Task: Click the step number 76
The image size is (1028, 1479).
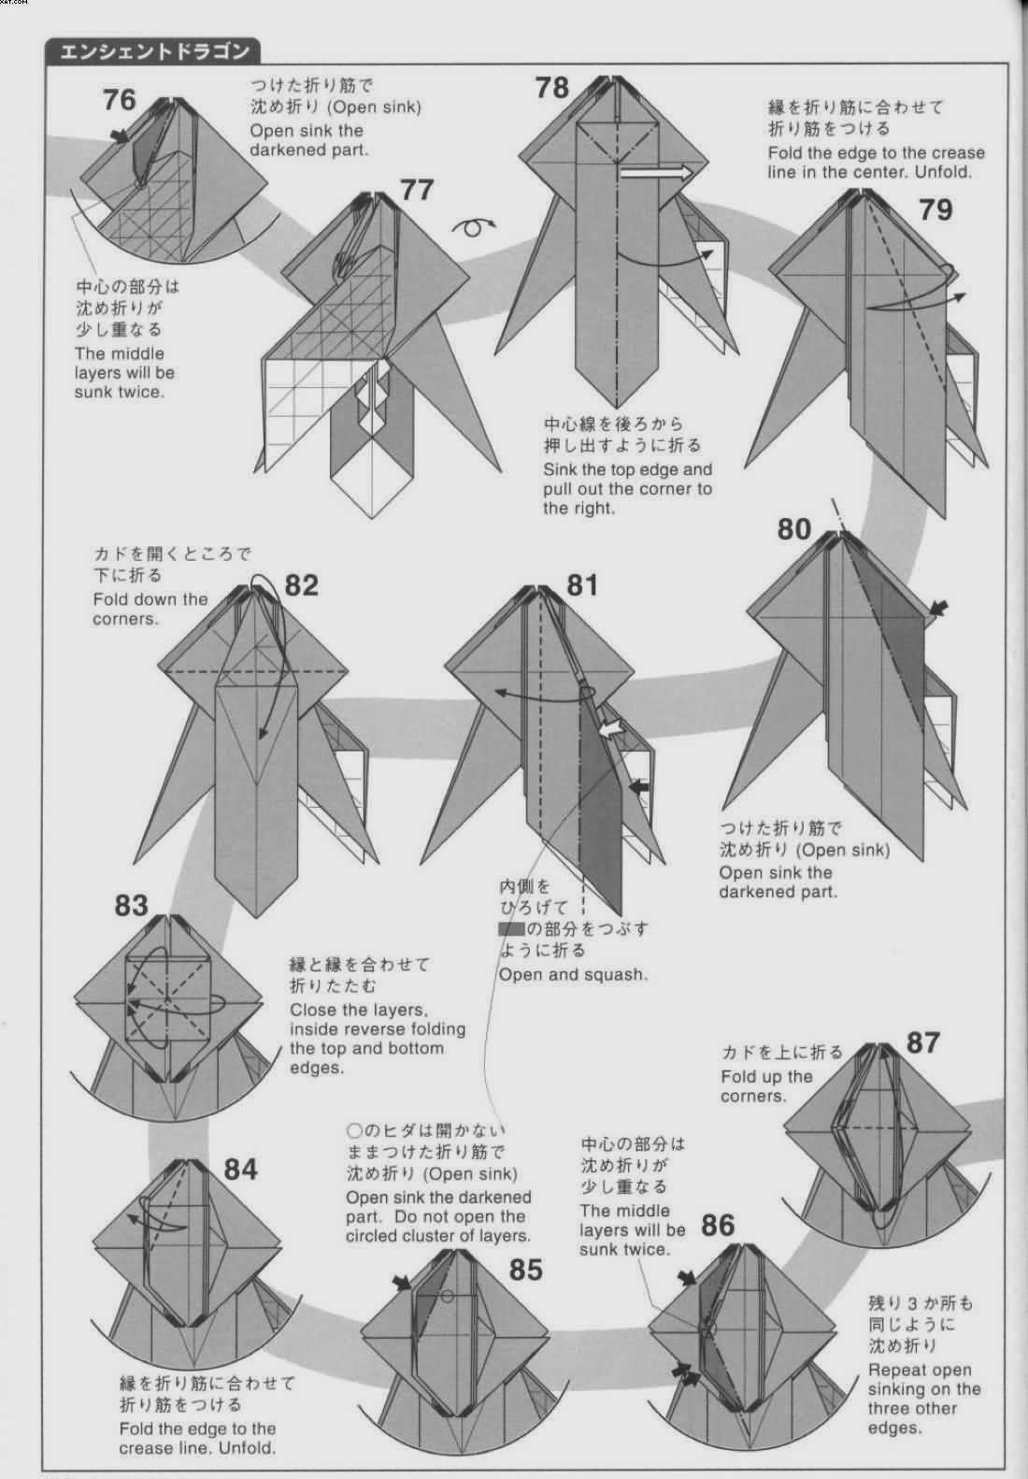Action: pyautogui.click(x=120, y=100)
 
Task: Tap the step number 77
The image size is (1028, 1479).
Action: pyautogui.click(x=417, y=190)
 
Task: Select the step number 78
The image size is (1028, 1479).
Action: pyautogui.click(x=551, y=88)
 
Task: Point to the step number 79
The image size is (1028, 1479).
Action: pyautogui.click(x=935, y=210)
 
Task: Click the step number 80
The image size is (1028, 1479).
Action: pyautogui.click(x=793, y=529)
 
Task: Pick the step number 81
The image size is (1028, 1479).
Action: pyautogui.click(x=582, y=585)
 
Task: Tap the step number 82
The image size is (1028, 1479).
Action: pyautogui.click(x=302, y=585)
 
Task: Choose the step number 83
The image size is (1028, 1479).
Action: pyautogui.click(x=132, y=905)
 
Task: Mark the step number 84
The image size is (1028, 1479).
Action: pyautogui.click(x=240, y=1170)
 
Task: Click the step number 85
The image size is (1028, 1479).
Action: pyautogui.click(x=526, y=1270)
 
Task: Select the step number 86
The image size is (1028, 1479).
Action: pyautogui.click(x=718, y=1226)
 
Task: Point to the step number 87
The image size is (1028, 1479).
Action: pyautogui.click(x=922, y=1043)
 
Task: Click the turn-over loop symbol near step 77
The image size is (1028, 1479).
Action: pyautogui.click(x=474, y=227)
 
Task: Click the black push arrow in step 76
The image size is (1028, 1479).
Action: pyautogui.click(x=120, y=136)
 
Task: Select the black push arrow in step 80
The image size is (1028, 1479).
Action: pyautogui.click(x=938, y=608)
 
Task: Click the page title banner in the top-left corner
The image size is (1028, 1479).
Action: pyautogui.click(x=152, y=51)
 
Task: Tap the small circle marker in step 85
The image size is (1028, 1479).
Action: pyautogui.click(x=448, y=1296)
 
